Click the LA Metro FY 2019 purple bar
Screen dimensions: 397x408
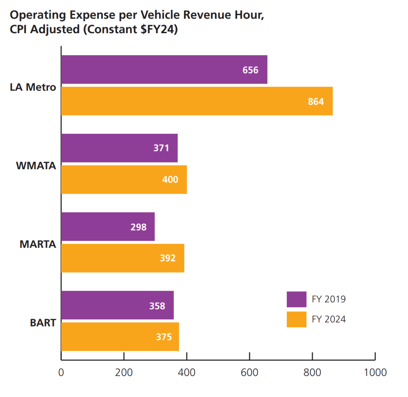pos(164,70)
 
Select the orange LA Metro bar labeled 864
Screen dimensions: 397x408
pos(196,101)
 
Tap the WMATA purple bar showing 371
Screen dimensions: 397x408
pos(119,148)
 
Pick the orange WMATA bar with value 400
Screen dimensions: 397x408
pos(124,179)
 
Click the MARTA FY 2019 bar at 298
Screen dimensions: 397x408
pos(108,227)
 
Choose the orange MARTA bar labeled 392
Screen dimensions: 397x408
pos(122,258)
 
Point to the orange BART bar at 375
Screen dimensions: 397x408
pos(120,337)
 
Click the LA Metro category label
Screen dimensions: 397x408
pos(33,87)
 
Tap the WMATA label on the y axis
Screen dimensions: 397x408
pos(36,165)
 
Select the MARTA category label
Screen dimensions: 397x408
pos(38,244)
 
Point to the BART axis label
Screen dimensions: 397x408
pos(43,323)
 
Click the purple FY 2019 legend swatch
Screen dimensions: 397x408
pos(296,299)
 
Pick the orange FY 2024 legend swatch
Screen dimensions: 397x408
pos(296,319)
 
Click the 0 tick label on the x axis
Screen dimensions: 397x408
pos(61,373)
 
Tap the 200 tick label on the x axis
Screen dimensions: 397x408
pos(124,373)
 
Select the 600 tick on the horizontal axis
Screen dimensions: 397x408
pos(250,373)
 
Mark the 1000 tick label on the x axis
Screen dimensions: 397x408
pos(375,373)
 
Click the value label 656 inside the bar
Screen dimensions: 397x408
pos(250,70)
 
